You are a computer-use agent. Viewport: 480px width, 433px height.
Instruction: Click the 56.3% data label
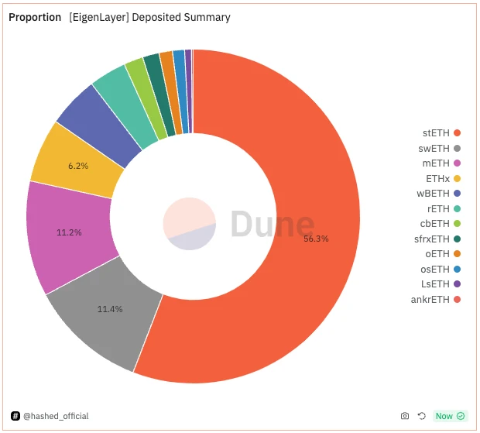[x=316, y=239]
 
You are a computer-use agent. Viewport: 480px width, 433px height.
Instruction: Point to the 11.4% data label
[x=110, y=309]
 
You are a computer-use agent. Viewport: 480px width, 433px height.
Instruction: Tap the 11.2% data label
[x=69, y=232]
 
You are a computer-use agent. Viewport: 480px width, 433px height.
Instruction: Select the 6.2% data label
[x=78, y=166]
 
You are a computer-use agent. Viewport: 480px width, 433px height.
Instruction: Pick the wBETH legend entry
[x=438, y=194]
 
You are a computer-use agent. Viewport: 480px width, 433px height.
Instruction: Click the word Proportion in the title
[x=35, y=17]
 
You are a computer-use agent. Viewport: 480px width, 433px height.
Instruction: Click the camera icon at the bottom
[x=405, y=416]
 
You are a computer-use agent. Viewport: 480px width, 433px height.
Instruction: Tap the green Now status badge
[x=450, y=416]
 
